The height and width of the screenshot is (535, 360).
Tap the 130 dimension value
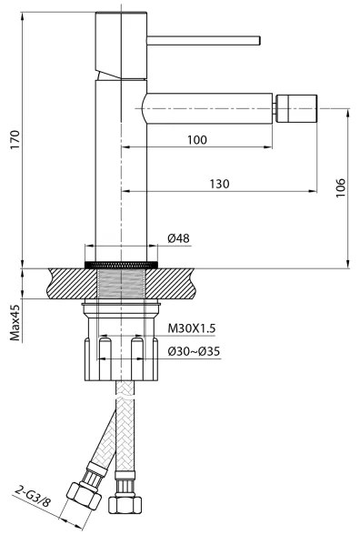click(218, 184)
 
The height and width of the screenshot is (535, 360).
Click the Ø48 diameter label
click(178, 238)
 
